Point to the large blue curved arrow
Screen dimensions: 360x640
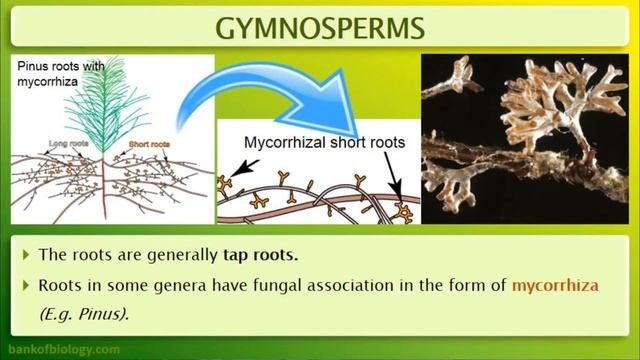coord(300,95)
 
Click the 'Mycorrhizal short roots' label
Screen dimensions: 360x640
coord(324,143)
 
